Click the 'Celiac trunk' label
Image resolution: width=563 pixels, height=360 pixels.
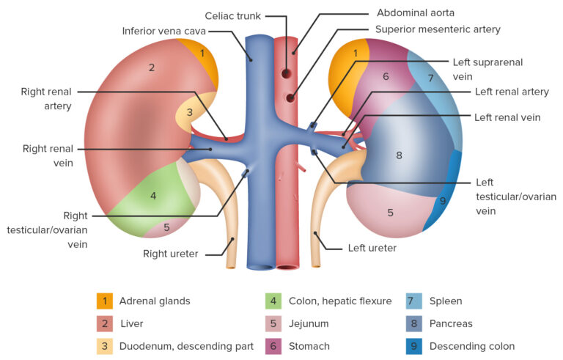(232, 15)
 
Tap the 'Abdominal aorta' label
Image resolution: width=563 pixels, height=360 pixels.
(416, 12)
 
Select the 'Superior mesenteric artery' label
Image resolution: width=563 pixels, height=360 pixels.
(438, 29)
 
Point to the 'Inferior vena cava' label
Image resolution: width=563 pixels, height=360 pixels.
(164, 31)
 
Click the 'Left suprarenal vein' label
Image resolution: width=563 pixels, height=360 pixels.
(498, 68)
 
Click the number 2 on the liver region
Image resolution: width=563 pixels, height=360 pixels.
(152, 67)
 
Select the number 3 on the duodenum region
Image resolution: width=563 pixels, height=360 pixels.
(189, 112)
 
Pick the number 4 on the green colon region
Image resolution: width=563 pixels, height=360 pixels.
(153, 196)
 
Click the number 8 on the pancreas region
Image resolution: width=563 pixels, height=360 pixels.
(399, 155)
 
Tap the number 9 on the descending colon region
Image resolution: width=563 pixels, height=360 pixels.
(442, 200)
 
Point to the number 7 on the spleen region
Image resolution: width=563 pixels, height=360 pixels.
(430, 78)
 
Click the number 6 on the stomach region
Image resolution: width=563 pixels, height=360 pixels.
(385, 76)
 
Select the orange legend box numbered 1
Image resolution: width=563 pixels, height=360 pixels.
(105, 301)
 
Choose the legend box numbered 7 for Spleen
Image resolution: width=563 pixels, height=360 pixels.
(414, 301)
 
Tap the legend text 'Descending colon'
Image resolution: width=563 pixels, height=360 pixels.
(472, 346)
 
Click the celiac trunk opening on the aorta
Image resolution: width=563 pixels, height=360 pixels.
(285, 73)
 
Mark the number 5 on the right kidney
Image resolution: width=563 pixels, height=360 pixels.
(166, 227)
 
